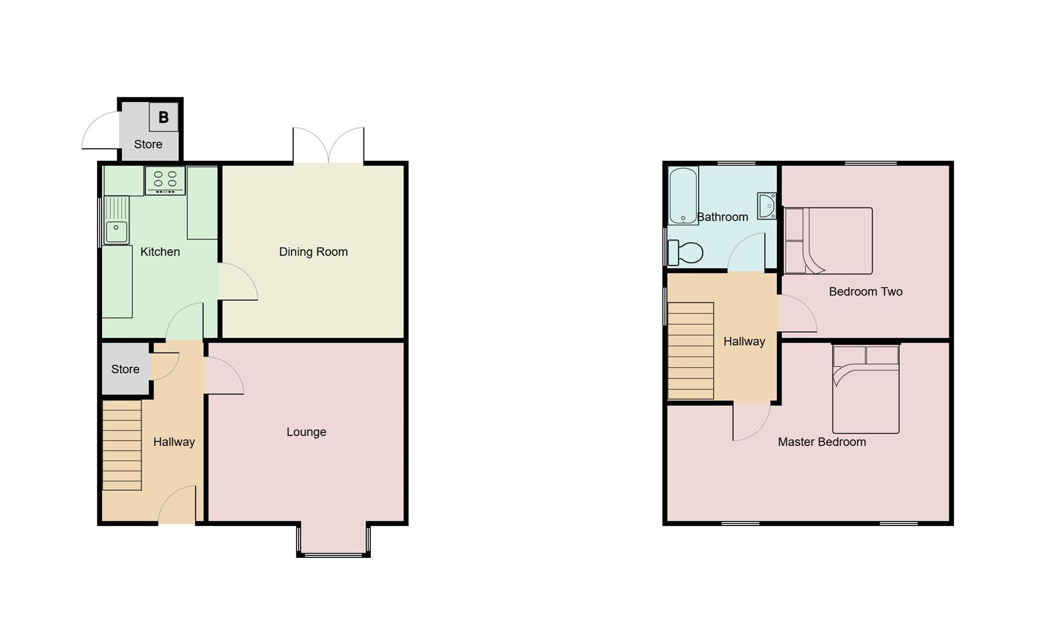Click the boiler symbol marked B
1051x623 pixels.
pos(163,118)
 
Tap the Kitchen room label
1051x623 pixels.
pos(160,252)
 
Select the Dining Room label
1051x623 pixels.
pos(313,252)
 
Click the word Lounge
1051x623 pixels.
pos(306,432)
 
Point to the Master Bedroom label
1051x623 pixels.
pos(821,442)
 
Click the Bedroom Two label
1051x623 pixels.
pos(865,292)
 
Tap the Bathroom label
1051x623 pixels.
pos(722,217)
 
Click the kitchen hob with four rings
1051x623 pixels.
pos(165,180)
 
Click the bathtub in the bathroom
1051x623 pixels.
pos(683,195)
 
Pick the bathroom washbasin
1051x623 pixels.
pos(767,206)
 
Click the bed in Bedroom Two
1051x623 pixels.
pos(828,241)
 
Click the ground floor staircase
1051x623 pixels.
pos(122,445)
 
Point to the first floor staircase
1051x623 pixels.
pos(690,351)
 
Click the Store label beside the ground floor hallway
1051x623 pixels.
pos(125,369)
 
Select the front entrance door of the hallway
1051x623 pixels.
pos(177,508)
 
